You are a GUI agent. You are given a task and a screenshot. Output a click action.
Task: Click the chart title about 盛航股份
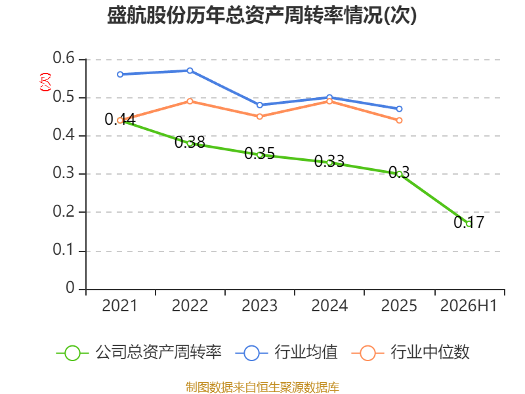coord(262,15)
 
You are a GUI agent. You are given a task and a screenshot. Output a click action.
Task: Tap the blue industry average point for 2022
coord(190,71)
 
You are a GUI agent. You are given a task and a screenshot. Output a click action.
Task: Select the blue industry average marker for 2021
coord(120,74)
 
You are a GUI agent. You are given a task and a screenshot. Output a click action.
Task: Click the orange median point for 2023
coord(260,117)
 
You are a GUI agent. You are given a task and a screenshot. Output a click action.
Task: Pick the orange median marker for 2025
coord(399,120)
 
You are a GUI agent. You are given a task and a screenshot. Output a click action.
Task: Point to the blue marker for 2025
coord(399,109)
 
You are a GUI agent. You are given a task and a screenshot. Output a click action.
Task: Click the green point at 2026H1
coord(469,224)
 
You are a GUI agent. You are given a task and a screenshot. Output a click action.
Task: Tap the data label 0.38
coord(190,142)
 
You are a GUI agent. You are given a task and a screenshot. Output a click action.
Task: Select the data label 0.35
coord(259,154)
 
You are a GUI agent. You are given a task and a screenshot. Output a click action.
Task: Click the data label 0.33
coord(329,162)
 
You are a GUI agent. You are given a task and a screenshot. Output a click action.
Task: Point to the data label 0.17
coord(469,222)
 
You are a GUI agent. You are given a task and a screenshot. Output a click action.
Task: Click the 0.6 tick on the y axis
coord(64,58)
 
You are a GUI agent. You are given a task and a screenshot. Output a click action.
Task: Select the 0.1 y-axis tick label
coord(64,250)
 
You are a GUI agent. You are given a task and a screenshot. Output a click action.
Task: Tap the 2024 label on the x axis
coord(329,306)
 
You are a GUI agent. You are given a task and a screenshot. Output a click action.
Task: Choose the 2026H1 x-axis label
coord(469,306)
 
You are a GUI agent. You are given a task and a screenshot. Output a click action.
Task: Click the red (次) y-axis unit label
coord(45,82)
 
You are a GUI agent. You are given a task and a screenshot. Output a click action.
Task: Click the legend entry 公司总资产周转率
coord(139,353)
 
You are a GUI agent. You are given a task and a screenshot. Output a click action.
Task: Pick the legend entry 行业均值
coord(287,353)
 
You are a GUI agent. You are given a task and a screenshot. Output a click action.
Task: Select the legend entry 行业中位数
coord(411,353)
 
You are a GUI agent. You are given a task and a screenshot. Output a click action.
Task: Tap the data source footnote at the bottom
coord(262,387)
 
